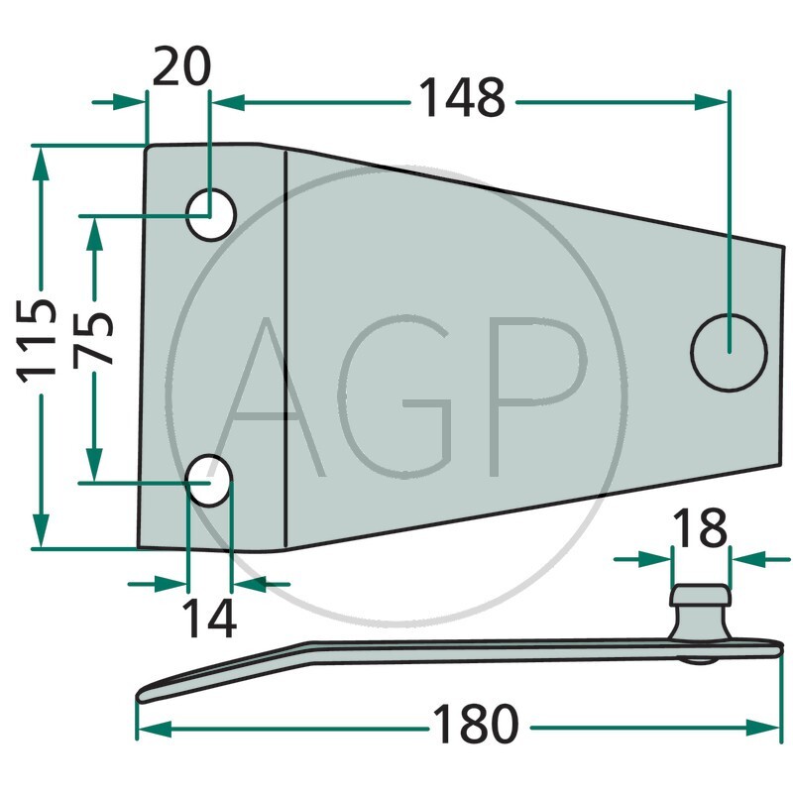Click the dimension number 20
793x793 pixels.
(181, 66)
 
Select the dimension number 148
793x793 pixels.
(462, 97)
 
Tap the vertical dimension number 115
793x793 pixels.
(37, 340)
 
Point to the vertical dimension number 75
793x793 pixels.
(93, 339)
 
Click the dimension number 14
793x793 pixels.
(209, 618)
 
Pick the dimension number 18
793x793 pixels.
(700, 527)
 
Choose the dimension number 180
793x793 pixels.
(476, 724)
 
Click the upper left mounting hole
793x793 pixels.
(211, 214)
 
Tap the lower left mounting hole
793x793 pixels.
(209, 481)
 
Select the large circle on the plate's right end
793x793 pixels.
(729, 352)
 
